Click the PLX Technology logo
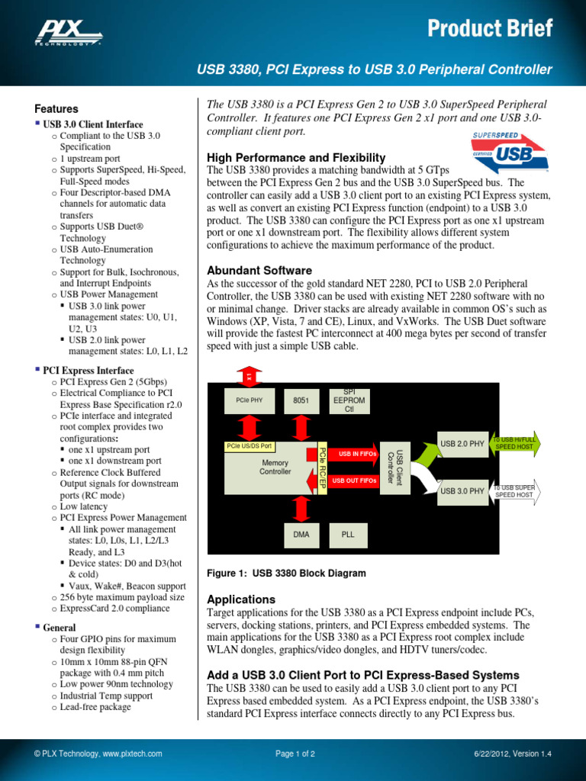pyautogui.click(x=69, y=32)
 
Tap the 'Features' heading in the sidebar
pyautogui.click(x=57, y=109)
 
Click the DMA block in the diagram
pyautogui.click(x=301, y=535)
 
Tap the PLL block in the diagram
pyautogui.click(x=348, y=535)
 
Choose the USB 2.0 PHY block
pyautogui.click(x=462, y=443)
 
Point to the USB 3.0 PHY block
pyautogui.click(x=462, y=490)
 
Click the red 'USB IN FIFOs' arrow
pyautogui.click(x=353, y=455)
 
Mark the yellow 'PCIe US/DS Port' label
pyautogui.click(x=250, y=446)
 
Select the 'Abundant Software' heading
pyautogui.click(x=259, y=270)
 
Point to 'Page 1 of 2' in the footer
pyautogui.click(x=295, y=754)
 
